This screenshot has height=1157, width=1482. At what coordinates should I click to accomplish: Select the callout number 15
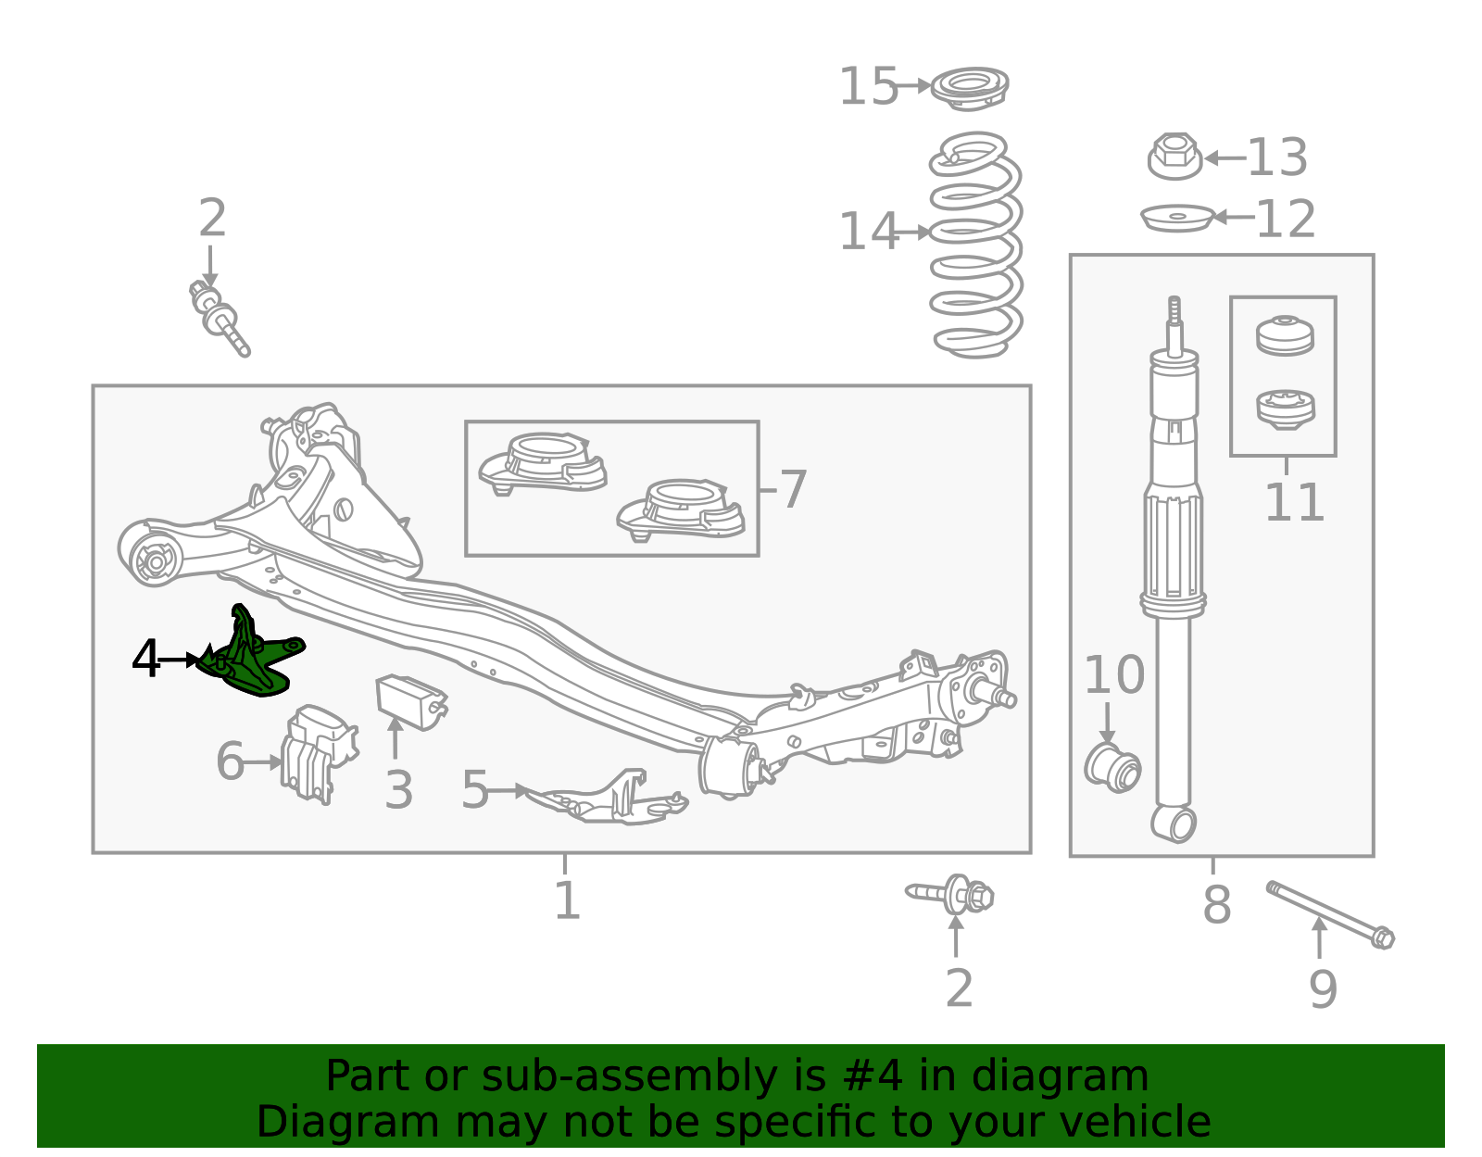tap(868, 86)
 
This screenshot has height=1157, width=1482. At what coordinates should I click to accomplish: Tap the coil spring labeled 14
tap(975, 244)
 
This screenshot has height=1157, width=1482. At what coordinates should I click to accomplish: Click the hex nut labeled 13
tap(1174, 157)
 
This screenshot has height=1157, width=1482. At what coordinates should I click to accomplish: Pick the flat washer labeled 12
tap(1177, 219)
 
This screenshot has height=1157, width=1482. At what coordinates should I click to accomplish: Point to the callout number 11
tap(1294, 502)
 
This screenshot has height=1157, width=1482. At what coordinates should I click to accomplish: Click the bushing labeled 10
tap(1112, 768)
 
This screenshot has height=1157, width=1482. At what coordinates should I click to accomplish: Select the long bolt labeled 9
tap(1331, 915)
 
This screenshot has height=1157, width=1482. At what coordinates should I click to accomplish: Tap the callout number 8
tap(1217, 905)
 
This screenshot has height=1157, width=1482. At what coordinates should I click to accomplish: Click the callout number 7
tap(793, 489)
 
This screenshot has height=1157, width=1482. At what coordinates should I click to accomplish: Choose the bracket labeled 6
tap(319, 754)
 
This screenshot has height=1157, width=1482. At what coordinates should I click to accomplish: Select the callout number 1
tap(567, 900)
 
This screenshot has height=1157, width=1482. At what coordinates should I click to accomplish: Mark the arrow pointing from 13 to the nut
tap(1225, 158)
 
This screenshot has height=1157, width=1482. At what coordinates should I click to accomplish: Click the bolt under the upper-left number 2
tap(220, 319)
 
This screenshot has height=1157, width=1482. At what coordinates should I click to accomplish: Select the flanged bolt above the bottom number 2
tap(949, 895)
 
